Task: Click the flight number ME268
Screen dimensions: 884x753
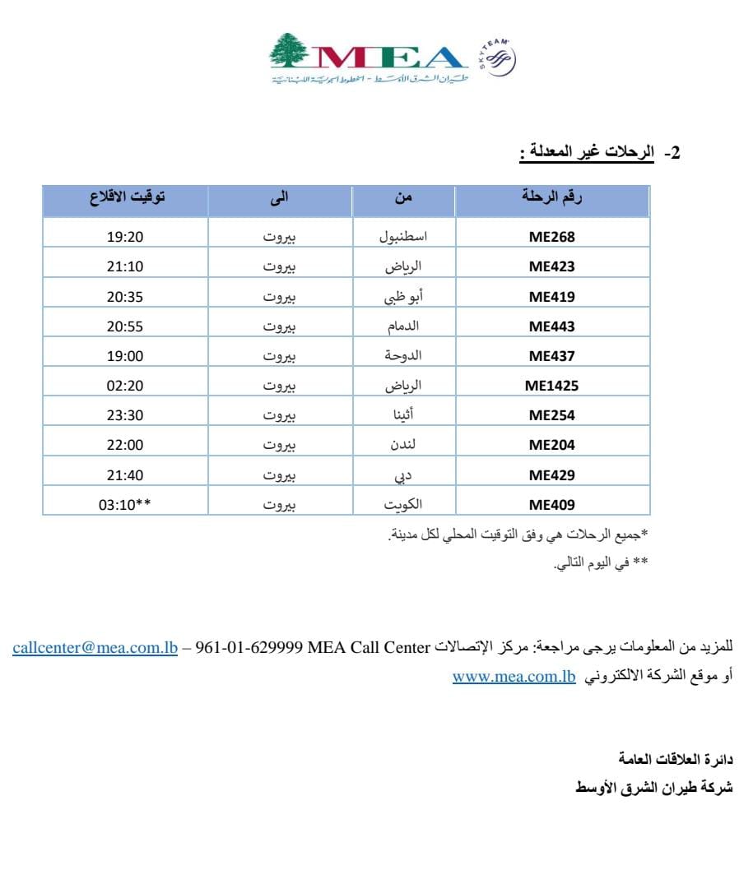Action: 551,237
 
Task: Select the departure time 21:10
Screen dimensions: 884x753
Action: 125,266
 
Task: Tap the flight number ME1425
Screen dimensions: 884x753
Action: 551,386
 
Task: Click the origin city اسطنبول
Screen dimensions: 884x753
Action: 403,237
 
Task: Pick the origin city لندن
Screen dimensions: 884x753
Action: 403,445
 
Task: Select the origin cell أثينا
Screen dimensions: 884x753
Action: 403,415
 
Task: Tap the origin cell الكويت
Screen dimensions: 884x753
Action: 403,504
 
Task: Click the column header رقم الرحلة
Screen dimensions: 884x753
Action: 552,197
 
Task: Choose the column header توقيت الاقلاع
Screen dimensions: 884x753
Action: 126,197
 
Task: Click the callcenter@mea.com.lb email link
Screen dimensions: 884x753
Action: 95,647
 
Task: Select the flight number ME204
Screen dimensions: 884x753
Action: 551,445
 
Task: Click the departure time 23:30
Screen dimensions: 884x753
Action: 125,415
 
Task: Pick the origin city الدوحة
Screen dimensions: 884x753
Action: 403,356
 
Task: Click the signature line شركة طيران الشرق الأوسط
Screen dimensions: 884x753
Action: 652,787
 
